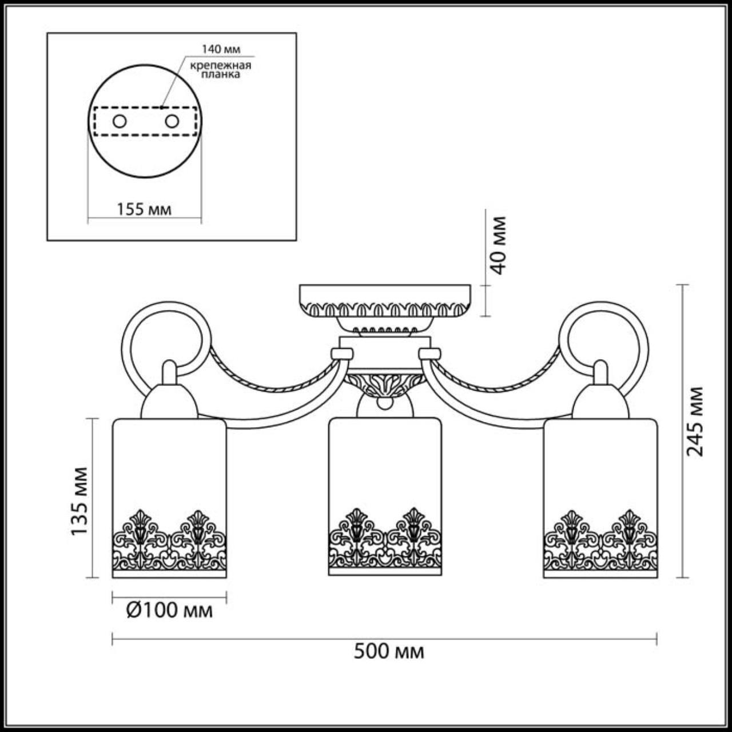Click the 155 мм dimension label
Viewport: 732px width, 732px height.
[x=144, y=209]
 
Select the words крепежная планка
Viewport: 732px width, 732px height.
[x=221, y=69]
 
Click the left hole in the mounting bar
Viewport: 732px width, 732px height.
[x=120, y=121]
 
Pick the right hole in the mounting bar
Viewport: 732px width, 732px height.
[x=172, y=121]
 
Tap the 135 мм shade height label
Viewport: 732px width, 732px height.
[x=80, y=502]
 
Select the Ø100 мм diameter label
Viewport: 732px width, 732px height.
[x=169, y=611]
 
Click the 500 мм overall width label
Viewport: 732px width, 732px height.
[x=389, y=651]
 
